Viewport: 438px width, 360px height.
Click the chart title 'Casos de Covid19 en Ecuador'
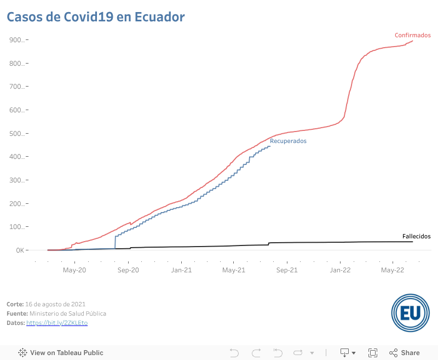pos(95,17)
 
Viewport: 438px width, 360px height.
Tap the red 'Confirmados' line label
pos(412,35)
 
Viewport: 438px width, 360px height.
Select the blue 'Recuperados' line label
pos(288,141)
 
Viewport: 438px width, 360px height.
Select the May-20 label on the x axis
pos(74,270)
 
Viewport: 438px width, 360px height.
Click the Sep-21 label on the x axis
pos(287,270)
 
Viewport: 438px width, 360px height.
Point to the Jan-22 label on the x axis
pos(340,270)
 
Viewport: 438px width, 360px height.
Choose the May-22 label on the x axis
pos(393,270)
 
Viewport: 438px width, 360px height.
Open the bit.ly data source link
pos(57,323)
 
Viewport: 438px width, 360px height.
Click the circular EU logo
pos(410,312)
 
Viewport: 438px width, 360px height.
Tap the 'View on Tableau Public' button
pos(61,353)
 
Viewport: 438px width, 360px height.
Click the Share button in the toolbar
pos(405,353)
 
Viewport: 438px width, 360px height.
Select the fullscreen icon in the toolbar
pos(373,353)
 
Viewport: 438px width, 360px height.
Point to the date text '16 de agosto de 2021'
pos(55,304)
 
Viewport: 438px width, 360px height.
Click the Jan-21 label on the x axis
pos(181,270)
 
